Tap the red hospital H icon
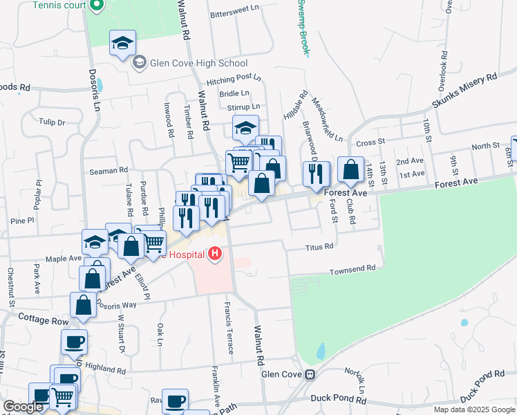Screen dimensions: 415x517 point(215,255)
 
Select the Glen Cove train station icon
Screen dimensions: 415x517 point(310,374)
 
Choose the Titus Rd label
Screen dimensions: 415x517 point(319,246)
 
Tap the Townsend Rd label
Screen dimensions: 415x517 point(352,269)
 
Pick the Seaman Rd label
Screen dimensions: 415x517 point(109,169)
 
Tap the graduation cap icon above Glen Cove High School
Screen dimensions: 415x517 point(122,43)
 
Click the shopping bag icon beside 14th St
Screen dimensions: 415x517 point(351,169)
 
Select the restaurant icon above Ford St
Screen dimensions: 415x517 point(316,174)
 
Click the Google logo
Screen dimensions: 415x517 point(23,407)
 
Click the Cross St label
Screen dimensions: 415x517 point(370,142)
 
